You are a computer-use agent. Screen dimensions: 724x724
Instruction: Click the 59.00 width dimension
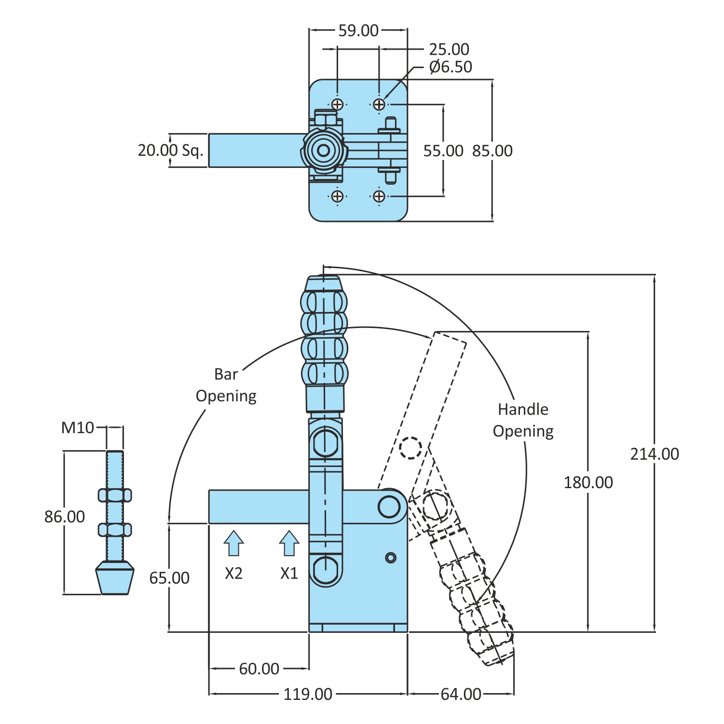tap(358, 30)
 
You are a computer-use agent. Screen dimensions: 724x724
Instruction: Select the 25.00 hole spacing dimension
tap(449, 49)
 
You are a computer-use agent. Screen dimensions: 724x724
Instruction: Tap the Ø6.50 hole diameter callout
tap(451, 67)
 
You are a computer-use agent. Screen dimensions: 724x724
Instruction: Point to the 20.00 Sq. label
tap(170, 150)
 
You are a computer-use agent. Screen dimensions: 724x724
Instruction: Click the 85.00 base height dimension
tap(492, 151)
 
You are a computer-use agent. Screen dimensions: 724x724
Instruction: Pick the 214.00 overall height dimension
tap(654, 454)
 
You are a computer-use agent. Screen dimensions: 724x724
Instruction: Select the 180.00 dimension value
tap(588, 482)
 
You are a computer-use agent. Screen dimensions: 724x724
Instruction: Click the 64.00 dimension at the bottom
tap(461, 694)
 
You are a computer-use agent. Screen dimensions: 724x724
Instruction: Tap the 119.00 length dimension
tap(308, 694)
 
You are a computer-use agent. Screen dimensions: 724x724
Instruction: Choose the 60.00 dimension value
tap(259, 669)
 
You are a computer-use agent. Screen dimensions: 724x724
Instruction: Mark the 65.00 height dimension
tap(169, 578)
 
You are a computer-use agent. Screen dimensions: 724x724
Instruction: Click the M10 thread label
tap(78, 427)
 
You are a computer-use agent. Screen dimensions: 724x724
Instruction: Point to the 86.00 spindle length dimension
tap(65, 517)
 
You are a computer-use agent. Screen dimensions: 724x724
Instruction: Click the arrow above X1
tap(289, 543)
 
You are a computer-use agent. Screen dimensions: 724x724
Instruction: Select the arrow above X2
tap(233, 543)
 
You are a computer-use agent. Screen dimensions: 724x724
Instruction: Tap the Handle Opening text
tap(523, 420)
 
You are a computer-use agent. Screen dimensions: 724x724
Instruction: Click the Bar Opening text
tap(226, 385)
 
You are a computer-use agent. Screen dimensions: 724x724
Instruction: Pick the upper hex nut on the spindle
tap(115, 495)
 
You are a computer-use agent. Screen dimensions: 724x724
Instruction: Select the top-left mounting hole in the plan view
tap(338, 104)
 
